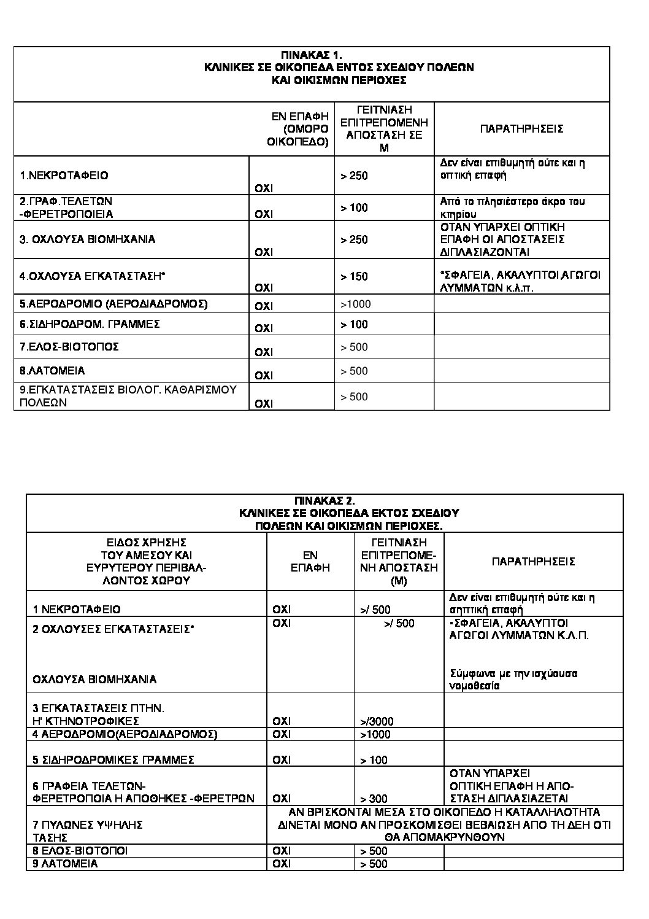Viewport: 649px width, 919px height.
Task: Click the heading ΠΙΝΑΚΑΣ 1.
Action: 312,55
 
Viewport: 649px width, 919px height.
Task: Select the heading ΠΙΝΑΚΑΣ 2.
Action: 324,500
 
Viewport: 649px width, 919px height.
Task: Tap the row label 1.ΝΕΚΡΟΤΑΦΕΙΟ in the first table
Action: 64,176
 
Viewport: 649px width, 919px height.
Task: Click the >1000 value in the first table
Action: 356,304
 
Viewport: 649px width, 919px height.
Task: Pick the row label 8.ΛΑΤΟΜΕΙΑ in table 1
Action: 53,371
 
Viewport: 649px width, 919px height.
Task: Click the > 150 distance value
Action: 355,276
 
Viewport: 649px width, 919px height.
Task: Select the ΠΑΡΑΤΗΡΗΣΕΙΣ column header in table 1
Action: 521,129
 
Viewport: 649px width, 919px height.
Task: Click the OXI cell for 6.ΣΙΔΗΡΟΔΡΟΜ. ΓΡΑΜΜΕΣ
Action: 264,328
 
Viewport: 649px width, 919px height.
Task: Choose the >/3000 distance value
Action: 377,721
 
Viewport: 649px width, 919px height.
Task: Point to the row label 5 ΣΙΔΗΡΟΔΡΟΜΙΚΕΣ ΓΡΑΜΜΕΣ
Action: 113,760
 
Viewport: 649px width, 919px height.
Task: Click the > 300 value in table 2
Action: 374,799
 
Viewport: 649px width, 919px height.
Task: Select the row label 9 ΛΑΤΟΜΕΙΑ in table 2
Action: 66,864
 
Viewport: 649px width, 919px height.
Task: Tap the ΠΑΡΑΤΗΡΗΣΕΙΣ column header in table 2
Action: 533,561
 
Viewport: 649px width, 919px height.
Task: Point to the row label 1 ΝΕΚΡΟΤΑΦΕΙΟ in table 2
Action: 77,610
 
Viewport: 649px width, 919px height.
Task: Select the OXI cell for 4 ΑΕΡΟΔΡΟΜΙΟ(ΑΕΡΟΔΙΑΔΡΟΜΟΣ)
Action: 282,734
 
